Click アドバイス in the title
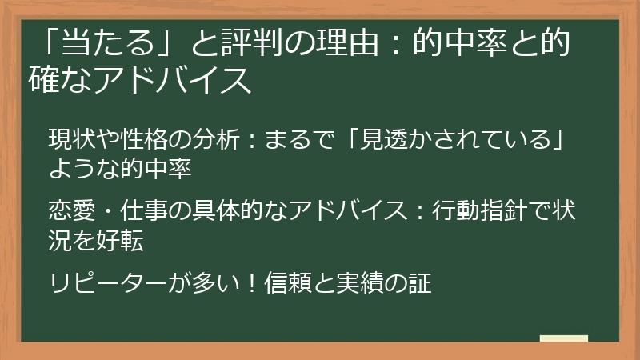pos(176,81)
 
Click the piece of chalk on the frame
pos(563,338)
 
